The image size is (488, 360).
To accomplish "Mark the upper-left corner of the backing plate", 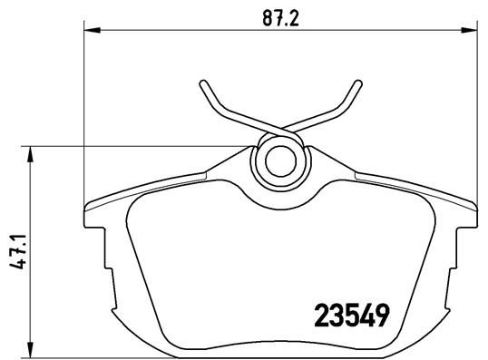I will click(88, 203).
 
